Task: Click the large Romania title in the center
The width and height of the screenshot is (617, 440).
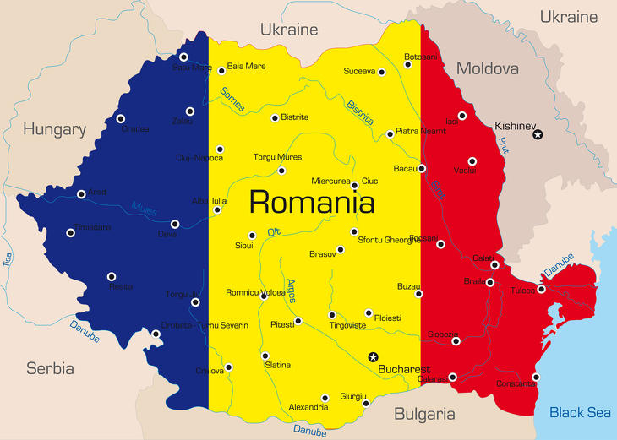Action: (312, 203)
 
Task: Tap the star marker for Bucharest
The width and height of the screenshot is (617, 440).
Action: (373, 357)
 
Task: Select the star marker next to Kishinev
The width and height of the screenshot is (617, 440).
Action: (538, 134)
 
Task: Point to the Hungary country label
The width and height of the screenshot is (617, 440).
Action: (54, 129)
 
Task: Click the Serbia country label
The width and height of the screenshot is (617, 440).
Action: (50, 368)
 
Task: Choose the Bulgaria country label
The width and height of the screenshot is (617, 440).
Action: (423, 414)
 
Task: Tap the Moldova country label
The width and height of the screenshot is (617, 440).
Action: (487, 68)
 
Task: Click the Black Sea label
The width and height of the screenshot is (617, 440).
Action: (579, 412)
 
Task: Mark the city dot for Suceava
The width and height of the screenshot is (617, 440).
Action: (381, 73)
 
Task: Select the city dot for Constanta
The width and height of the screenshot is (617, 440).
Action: (535, 377)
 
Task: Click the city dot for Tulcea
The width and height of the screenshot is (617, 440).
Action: (541, 289)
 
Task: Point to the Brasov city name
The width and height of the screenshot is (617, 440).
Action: (322, 253)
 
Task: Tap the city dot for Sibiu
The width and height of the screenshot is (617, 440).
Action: (252, 236)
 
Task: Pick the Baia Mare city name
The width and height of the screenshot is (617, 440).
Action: (247, 66)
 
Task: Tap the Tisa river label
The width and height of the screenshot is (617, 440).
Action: (8, 259)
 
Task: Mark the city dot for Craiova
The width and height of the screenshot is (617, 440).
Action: (228, 367)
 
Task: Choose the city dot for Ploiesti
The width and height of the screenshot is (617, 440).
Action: (368, 312)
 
